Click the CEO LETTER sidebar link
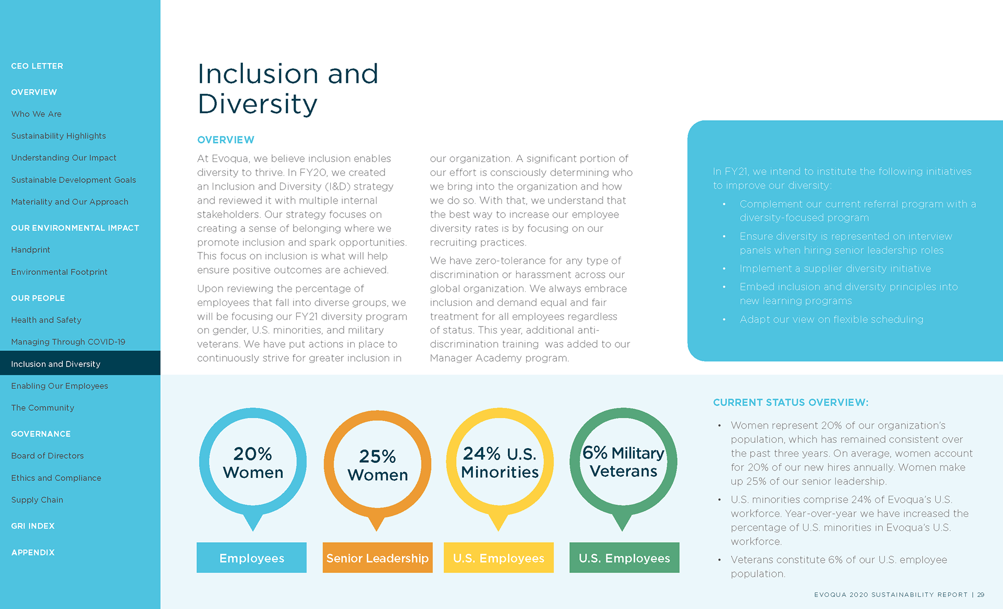tap(37, 66)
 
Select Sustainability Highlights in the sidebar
tap(59, 136)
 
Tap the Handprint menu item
tap(31, 250)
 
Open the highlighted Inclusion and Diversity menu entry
tap(56, 364)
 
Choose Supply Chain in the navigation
tap(37, 500)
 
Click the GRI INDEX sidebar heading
tap(33, 526)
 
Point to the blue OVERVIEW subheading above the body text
tap(226, 140)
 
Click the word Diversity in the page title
tap(258, 104)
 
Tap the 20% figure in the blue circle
tap(252, 453)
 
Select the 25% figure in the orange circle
tap(377, 456)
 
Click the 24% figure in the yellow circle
tap(481, 453)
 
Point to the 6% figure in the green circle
tap(594, 452)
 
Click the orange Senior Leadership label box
tap(377, 558)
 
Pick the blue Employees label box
tap(252, 558)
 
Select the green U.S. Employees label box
tap(624, 558)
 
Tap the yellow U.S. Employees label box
tap(498, 558)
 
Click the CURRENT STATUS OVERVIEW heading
tap(790, 403)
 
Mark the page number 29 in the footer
tap(981, 595)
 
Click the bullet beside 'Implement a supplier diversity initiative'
tap(724, 269)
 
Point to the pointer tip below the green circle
tap(622, 529)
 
